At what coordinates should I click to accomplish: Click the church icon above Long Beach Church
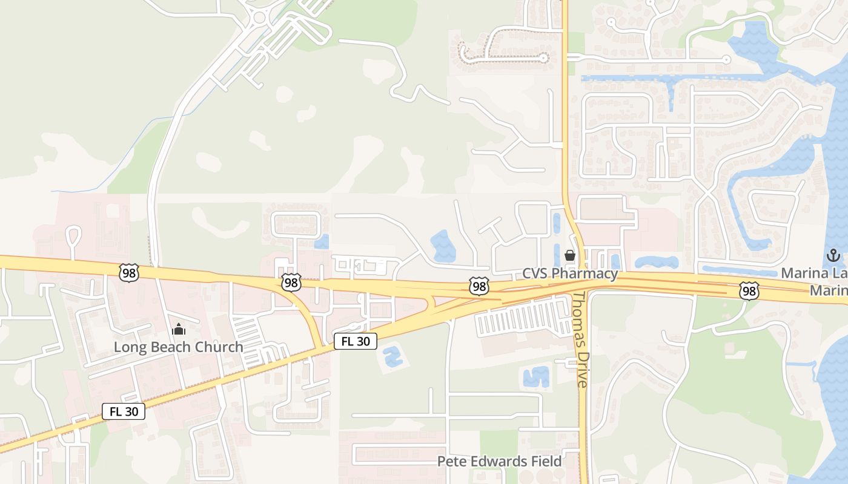coord(179,330)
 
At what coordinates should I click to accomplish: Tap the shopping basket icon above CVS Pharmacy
coord(570,255)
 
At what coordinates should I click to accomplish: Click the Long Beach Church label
coord(179,347)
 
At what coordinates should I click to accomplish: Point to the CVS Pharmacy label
coord(570,273)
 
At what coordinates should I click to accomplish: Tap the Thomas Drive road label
coord(581,339)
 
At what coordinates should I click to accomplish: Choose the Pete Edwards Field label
coord(499,462)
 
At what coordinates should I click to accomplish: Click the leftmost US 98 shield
coord(129,273)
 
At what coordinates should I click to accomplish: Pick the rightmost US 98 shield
coord(749,292)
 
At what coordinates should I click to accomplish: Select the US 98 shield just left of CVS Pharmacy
coord(479,286)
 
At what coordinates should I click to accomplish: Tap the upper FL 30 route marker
coord(356,341)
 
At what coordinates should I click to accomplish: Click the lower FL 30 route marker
coord(124,412)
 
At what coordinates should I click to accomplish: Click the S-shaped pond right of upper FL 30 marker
coord(393,355)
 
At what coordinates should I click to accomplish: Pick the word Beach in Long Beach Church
coord(171,347)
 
